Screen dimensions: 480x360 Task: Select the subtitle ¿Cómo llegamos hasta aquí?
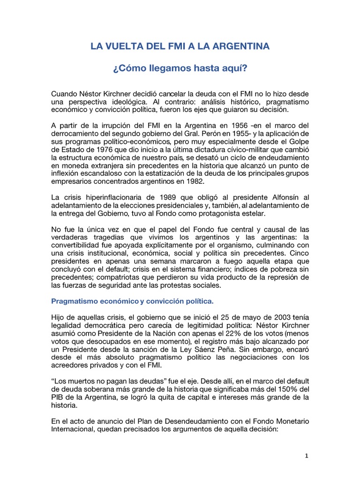(x=180, y=68)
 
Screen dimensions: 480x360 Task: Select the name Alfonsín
(x=280, y=197)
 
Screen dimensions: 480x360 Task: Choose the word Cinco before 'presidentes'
(x=296, y=252)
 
